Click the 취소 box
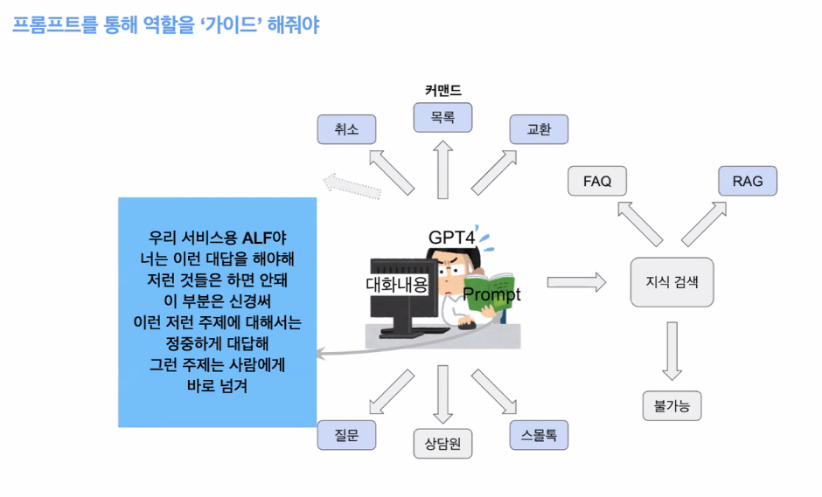click(346, 129)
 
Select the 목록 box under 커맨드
click(442, 117)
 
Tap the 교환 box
click(539, 129)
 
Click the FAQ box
click(597, 182)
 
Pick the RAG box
click(748, 182)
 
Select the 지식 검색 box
click(672, 282)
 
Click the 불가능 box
click(672, 405)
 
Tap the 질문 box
click(346, 434)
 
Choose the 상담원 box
click(442, 443)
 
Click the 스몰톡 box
click(539, 434)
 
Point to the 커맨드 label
click(442, 90)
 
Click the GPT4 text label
click(451, 237)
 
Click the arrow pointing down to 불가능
click(672, 350)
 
